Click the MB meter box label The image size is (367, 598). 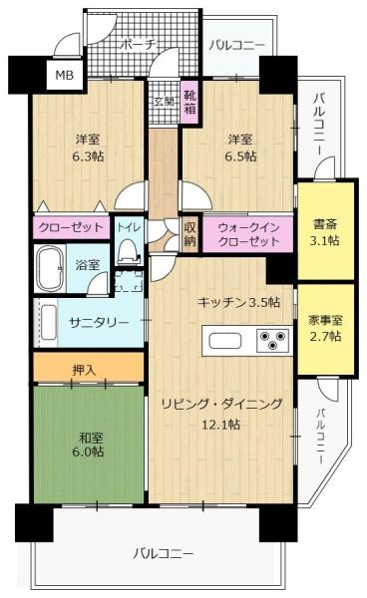[65, 75]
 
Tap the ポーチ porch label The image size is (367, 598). [138, 45]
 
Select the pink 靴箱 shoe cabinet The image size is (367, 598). [189, 102]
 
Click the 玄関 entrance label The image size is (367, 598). [165, 102]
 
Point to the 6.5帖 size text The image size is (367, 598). [240, 156]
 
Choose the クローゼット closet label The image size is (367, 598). [72, 227]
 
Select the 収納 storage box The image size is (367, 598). [189, 234]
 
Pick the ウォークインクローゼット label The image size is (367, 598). [248, 234]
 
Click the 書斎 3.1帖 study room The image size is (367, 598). [325, 231]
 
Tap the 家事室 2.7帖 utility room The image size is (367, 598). [325, 329]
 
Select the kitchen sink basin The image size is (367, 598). [225, 340]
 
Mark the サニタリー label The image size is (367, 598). [99, 323]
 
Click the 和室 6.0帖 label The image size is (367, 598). [88, 445]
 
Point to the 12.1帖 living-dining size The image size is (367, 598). [220, 425]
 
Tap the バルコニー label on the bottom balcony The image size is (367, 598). [163, 553]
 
